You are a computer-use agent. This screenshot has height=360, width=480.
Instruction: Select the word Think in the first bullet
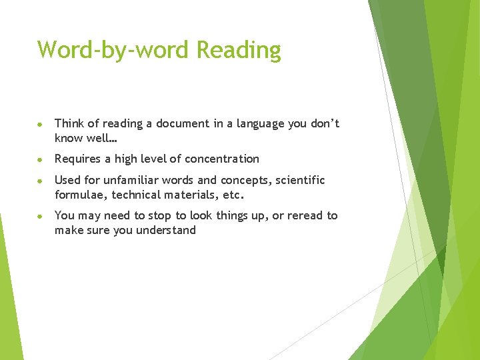pyautogui.click(x=70, y=123)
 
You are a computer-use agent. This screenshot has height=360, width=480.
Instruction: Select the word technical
pyautogui.click(x=137, y=195)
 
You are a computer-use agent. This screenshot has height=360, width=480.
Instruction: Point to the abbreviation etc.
pyautogui.click(x=235, y=195)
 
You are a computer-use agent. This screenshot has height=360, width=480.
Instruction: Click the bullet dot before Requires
pyautogui.click(x=41, y=159)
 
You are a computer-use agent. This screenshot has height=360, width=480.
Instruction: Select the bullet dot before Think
pyautogui.click(x=41, y=124)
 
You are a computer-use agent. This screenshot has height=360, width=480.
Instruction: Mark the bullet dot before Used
pyautogui.click(x=41, y=181)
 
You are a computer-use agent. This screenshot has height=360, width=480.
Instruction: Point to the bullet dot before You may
pyautogui.click(x=41, y=216)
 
